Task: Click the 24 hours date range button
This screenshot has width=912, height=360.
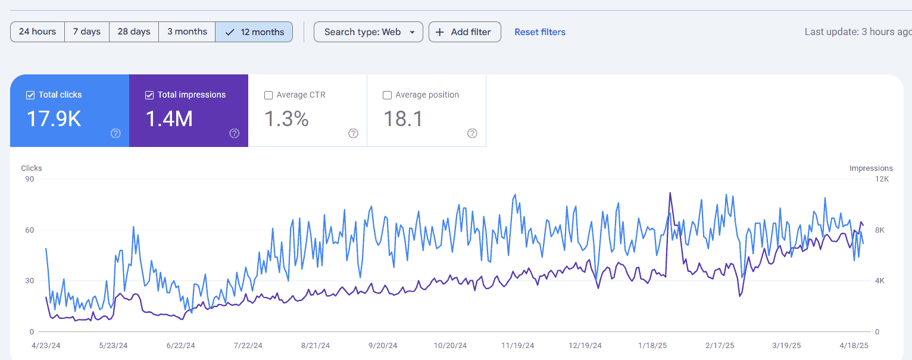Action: click(38, 32)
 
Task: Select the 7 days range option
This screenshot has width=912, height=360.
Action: click(87, 32)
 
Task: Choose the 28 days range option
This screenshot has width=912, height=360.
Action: click(134, 32)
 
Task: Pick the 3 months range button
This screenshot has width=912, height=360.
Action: click(188, 32)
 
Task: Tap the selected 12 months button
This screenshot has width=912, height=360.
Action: click(254, 32)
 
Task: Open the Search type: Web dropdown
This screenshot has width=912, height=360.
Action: click(368, 32)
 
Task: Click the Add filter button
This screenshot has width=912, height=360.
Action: click(464, 32)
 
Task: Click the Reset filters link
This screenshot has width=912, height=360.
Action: click(540, 32)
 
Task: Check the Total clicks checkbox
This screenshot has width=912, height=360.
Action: click(30, 95)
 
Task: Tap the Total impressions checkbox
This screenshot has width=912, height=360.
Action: click(149, 95)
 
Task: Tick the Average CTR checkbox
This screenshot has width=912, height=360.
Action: click(268, 95)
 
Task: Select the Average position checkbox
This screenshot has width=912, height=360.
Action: click(387, 95)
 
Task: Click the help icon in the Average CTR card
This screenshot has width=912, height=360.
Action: click(353, 133)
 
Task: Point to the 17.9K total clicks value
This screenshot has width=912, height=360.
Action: click(54, 119)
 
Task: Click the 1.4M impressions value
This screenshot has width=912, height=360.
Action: click(169, 119)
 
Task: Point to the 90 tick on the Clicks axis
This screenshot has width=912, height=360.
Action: click(29, 179)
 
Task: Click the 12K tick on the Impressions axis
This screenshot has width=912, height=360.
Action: click(882, 179)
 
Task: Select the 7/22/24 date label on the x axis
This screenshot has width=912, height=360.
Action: click(248, 345)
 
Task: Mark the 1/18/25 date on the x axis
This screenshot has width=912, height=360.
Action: click(652, 345)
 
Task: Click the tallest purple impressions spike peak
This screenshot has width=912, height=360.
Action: click(670, 193)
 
